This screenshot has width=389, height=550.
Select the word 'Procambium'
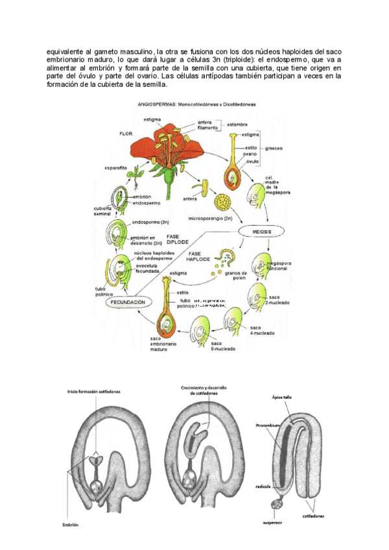click(268, 425)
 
